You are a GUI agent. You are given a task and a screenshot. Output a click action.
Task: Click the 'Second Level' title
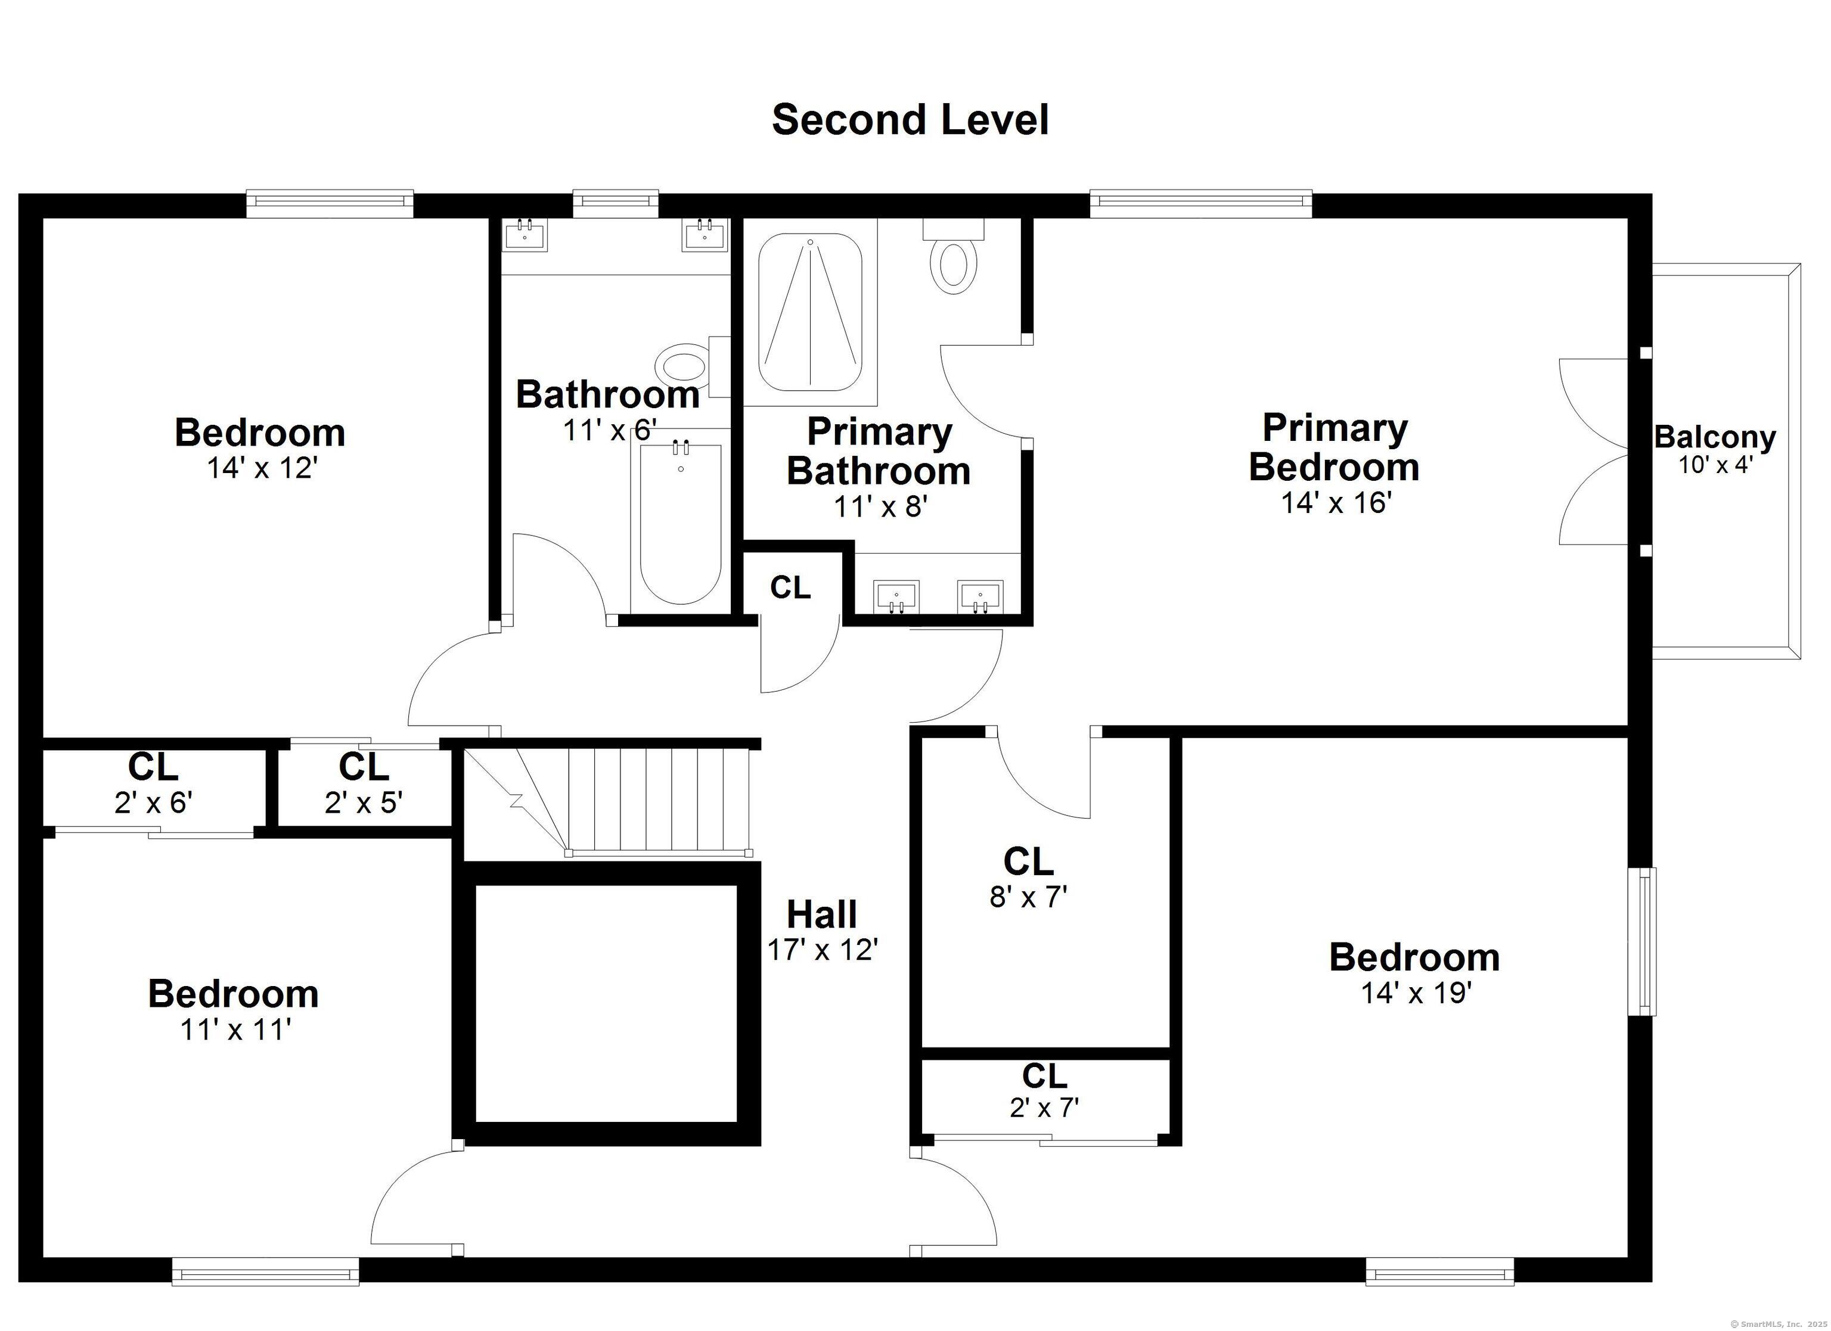coord(910,120)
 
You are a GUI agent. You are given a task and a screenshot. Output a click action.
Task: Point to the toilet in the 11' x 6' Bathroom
coord(693,367)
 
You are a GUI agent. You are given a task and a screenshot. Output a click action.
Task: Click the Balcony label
coord(1715,437)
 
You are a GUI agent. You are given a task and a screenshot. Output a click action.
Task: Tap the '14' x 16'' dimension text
coord(1336,503)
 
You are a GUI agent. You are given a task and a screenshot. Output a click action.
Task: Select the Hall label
coord(822,915)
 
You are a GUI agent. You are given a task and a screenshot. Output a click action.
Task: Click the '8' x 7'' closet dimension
coord(1029,896)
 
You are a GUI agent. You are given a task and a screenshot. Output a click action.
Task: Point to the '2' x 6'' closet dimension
coord(153,803)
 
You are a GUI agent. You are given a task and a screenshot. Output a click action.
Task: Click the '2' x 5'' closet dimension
coord(364,803)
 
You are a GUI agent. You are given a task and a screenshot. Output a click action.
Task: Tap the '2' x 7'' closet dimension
coord(1044,1108)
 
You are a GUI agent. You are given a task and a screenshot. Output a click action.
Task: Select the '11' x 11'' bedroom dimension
coord(235,1030)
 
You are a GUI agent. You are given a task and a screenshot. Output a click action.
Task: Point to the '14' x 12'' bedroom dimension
coord(261,468)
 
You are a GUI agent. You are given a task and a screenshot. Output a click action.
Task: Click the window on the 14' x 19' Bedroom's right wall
coord(1642,941)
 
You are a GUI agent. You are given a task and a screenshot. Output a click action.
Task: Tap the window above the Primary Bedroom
coord(1200,203)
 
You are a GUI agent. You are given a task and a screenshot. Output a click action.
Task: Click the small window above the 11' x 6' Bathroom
coord(615,203)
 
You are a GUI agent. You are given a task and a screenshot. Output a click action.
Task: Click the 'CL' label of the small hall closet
coord(790,587)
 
